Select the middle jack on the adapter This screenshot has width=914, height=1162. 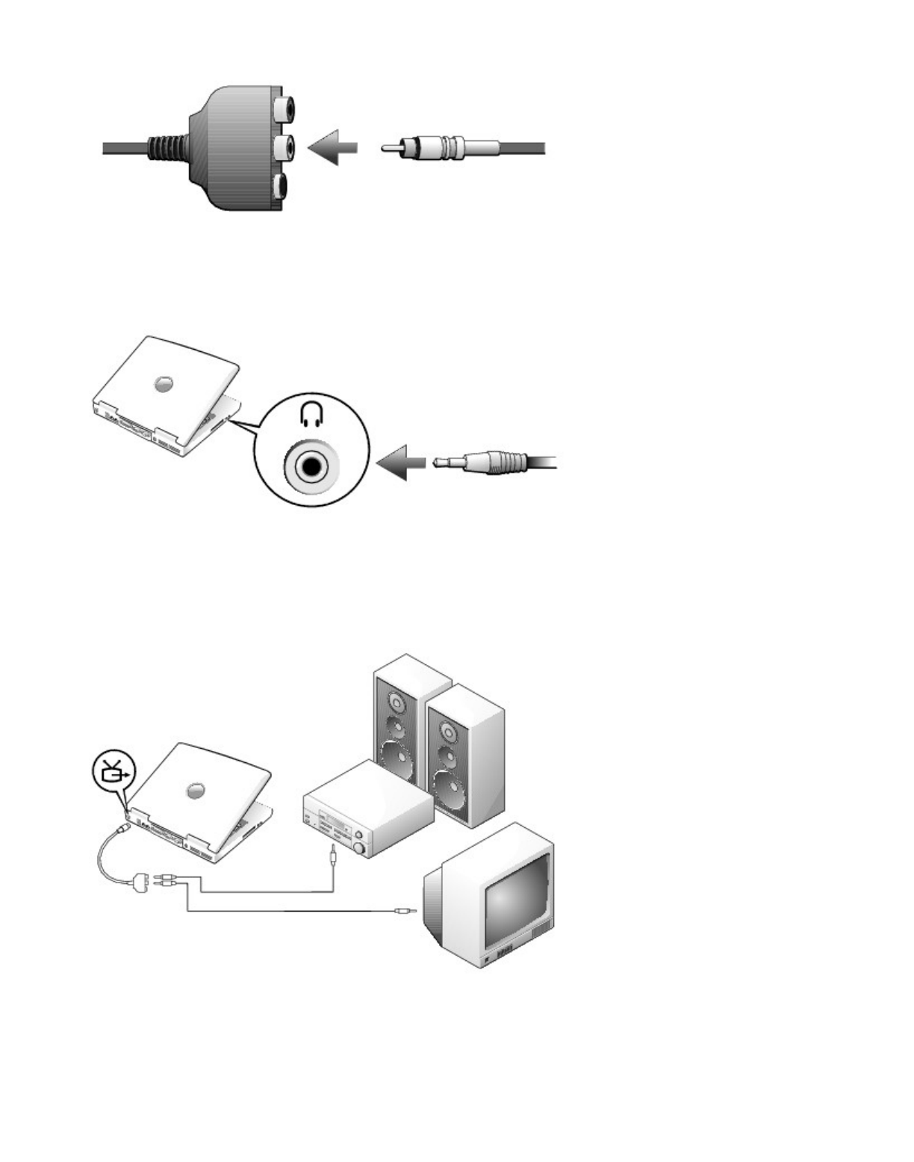[282, 147]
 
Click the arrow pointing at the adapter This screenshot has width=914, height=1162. [332, 148]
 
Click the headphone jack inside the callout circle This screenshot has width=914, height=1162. [309, 466]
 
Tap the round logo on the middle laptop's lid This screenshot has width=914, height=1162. [165, 384]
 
